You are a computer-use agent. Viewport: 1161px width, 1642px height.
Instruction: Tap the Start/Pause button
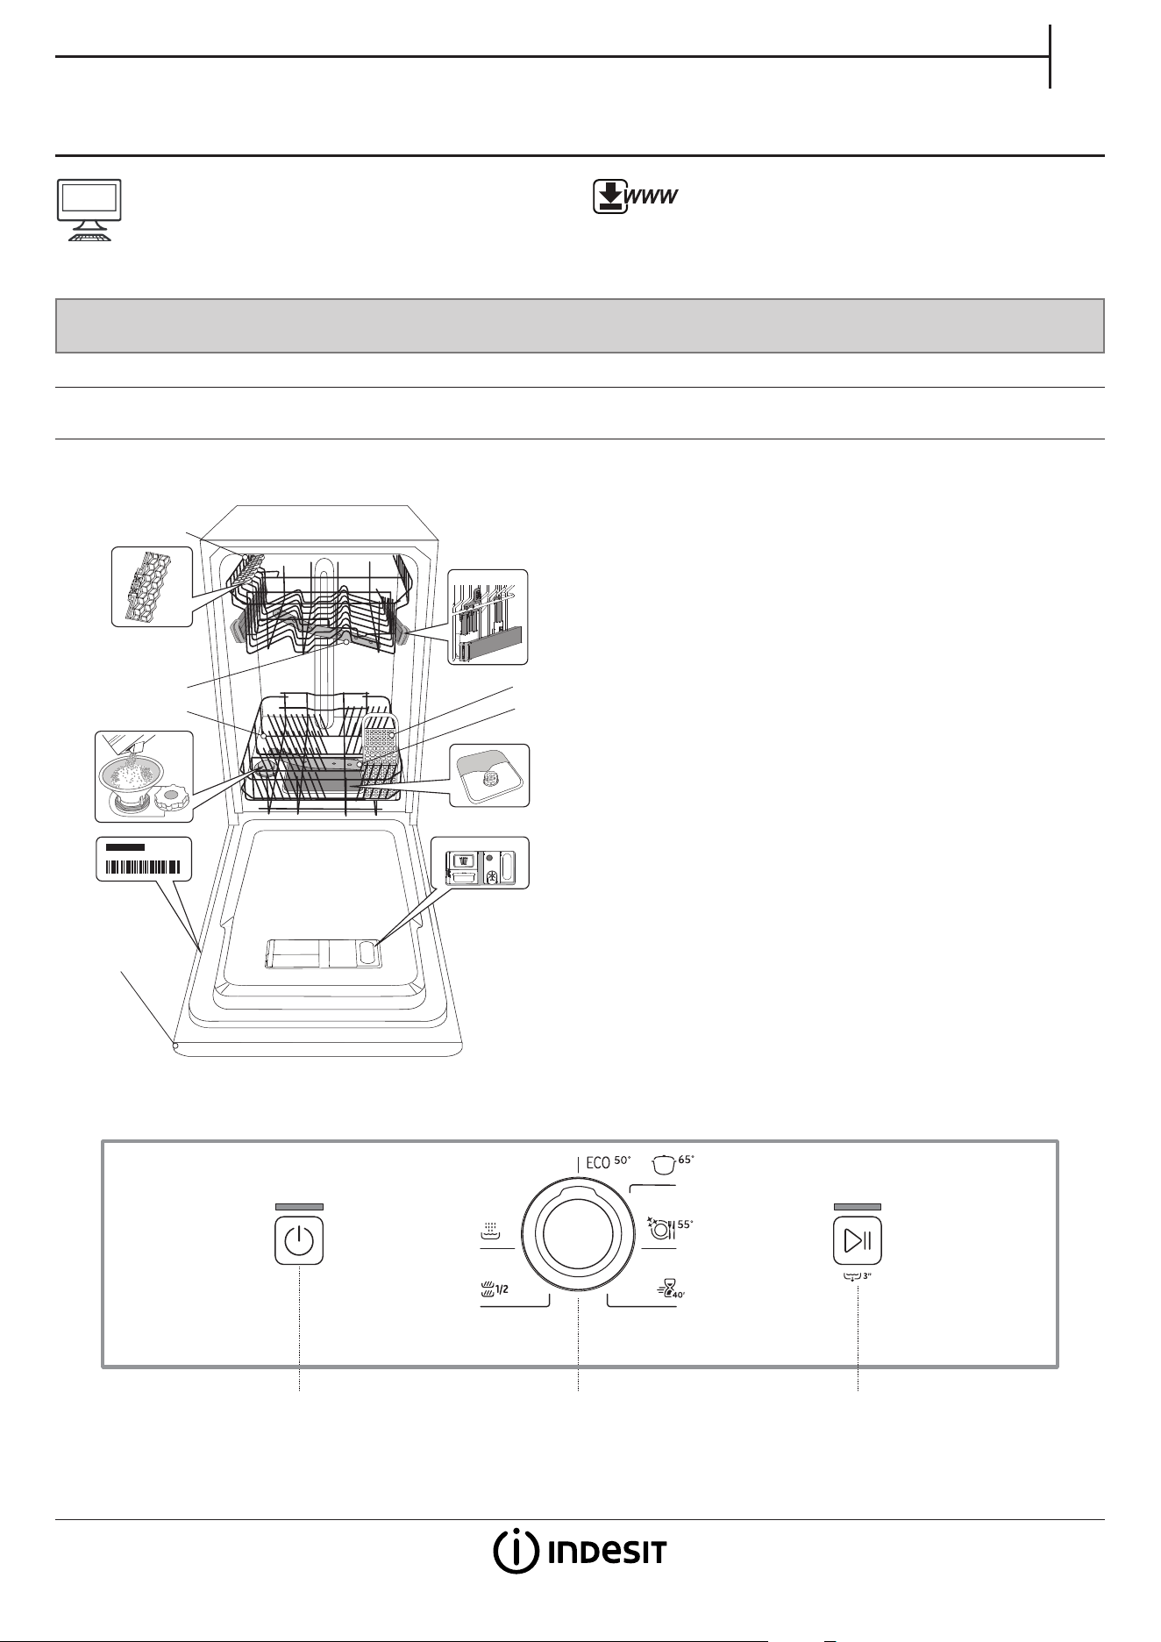(857, 1240)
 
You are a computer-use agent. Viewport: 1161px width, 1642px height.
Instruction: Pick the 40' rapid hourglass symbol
(671, 1288)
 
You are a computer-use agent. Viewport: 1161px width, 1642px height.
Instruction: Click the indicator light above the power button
(299, 1206)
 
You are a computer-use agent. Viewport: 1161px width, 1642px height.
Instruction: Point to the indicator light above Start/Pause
(857, 1206)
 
